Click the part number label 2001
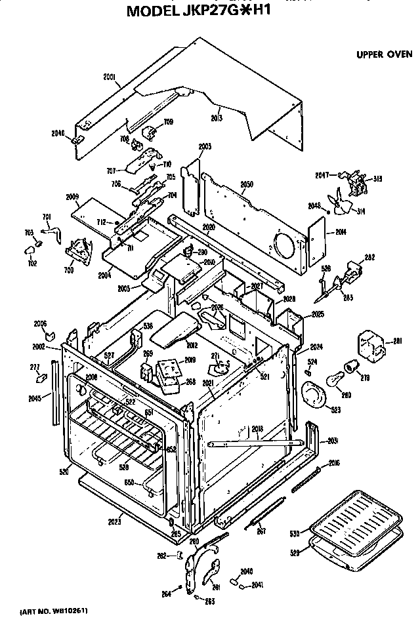pos(110,77)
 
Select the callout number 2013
pos(216,117)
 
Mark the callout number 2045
pos(35,398)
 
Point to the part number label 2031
pos(333,439)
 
